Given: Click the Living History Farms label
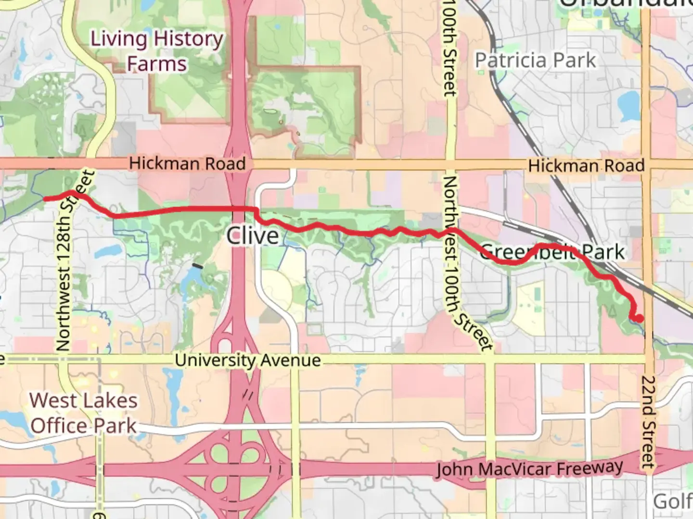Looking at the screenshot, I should coord(157,51).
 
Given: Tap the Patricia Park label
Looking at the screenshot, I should coord(535,61).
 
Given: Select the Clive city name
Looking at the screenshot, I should coord(252,235).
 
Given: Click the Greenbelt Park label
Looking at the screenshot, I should coord(552,252).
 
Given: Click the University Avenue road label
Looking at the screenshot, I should coord(247,360).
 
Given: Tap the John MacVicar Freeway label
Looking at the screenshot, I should coord(529,469).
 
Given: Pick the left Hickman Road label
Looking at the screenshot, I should coord(187,163).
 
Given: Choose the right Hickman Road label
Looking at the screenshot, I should coord(586,166).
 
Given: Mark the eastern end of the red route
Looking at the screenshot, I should coord(640,318).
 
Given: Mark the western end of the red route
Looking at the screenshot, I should coord(45,198).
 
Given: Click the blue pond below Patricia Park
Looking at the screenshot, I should coord(628,106).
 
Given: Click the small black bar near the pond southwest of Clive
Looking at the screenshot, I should coord(197,265).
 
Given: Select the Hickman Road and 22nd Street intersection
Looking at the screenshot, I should coord(646,164).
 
